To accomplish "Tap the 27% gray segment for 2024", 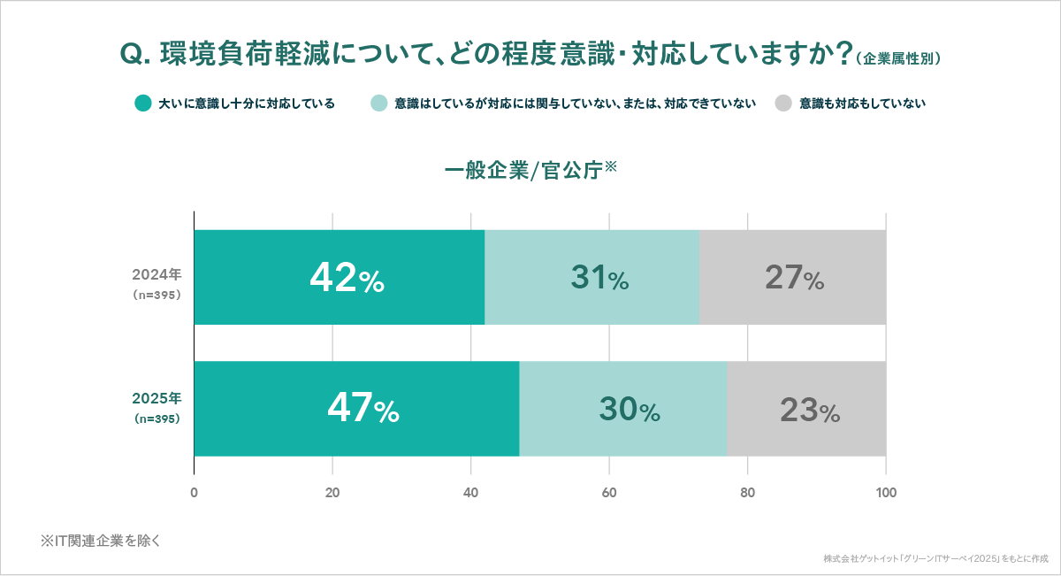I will pyautogui.click(x=794, y=278).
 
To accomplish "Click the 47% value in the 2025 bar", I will pyautogui.click(x=363, y=409).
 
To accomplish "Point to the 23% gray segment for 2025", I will pyautogui.click(x=807, y=409).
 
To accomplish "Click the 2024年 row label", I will pyautogui.click(x=156, y=273).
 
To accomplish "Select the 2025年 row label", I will pyautogui.click(x=156, y=398).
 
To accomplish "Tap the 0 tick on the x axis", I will pyautogui.click(x=194, y=492).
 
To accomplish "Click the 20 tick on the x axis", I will pyautogui.click(x=332, y=492).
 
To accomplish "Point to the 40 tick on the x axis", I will pyautogui.click(x=470, y=492).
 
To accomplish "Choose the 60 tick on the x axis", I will pyautogui.click(x=609, y=492).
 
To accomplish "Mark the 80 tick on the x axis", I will pyautogui.click(x=747, y=492).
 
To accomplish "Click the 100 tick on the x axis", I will pyautogui.click(x=886, y=492).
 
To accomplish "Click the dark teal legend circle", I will pyautogui.click(x=143, y=104).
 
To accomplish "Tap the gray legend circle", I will pyautogui.click(x=783, y=104).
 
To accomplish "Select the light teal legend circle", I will pyautogui.click(x=379, y=104).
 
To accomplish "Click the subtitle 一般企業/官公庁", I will pyautogui.click(x=528, y=169).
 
